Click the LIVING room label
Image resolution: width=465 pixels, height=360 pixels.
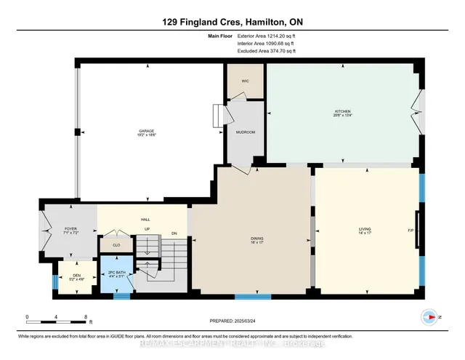[365, 230]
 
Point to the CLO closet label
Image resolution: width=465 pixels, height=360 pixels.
[116, 246]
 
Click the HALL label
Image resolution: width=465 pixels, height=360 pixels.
[145, 219]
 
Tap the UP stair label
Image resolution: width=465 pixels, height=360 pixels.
[147, 230]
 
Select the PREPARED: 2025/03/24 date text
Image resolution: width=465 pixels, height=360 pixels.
[232, 321]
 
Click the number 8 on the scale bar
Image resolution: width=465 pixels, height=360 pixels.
[87, 317]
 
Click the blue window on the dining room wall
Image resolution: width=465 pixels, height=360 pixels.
[253, 296]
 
